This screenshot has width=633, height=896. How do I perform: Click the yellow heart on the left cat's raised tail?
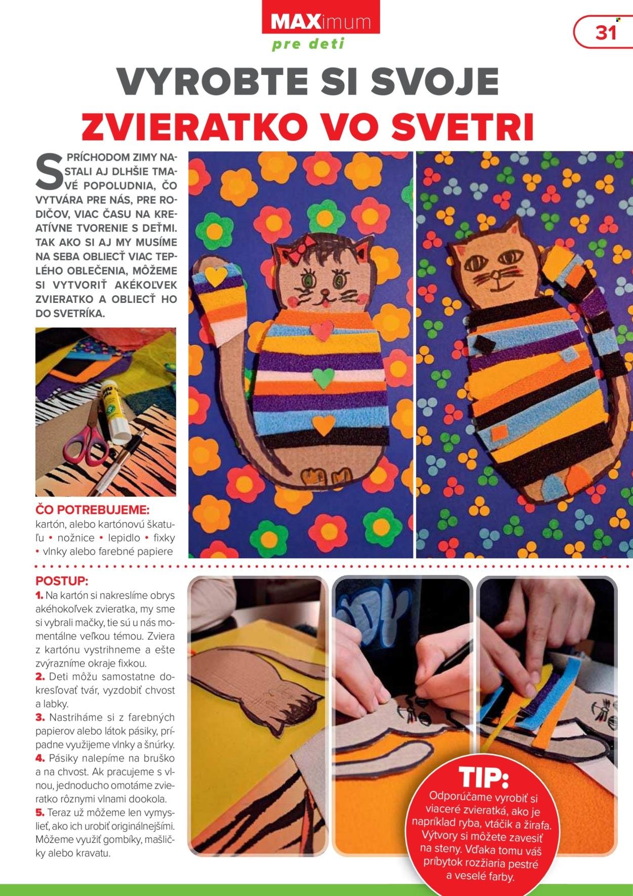tap(216, 276)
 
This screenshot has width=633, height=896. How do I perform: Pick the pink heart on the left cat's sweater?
tap(322, 330)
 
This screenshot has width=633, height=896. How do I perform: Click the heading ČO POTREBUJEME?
tap(92, 509)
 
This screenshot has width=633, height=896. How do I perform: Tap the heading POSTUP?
tap(62, 580)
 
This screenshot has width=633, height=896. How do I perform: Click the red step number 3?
tap(41, 718)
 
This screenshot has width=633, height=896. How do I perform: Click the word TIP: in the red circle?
tap(484, 777)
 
